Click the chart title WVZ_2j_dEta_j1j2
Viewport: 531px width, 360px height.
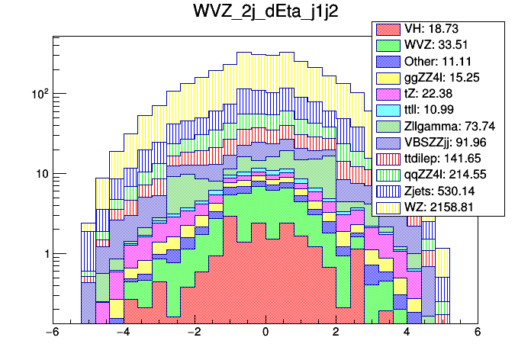point(265,13)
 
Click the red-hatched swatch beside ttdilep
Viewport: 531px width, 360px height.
point(388,159)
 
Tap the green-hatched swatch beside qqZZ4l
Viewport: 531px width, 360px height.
point(388,175)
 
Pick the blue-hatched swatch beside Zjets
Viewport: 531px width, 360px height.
point(388,191)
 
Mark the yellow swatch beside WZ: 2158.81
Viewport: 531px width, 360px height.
point(388,207)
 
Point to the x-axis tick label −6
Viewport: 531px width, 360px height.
point(52,333)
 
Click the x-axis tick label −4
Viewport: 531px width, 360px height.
point(123,333)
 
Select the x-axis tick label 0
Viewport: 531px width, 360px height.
point(265,333)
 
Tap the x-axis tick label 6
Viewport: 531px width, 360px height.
point(478,333)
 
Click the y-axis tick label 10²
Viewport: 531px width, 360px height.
point(38,93)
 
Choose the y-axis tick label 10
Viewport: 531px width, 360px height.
point(40,174)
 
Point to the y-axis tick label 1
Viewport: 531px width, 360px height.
point(44,254)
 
